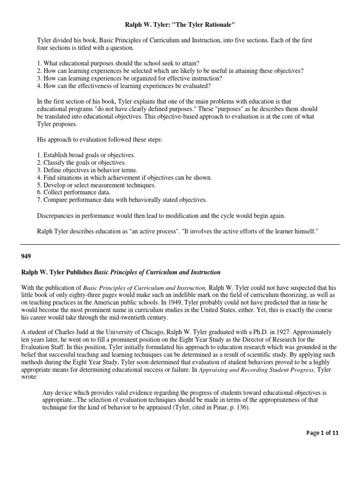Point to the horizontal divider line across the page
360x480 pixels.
[180, 244]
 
